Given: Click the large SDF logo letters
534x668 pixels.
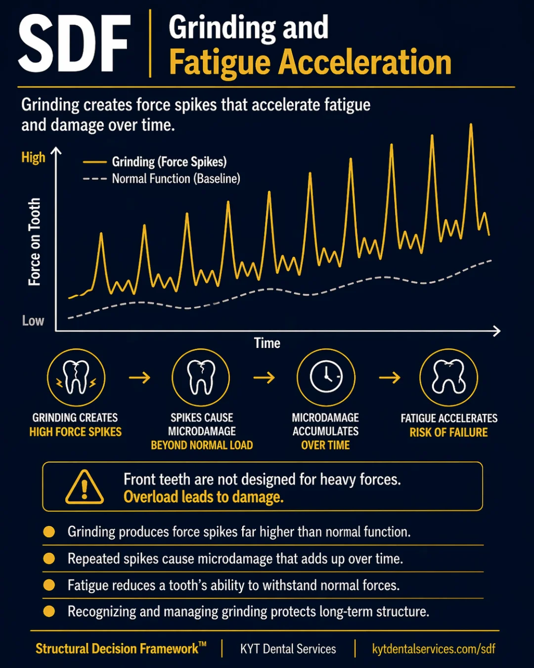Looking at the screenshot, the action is [74, 43].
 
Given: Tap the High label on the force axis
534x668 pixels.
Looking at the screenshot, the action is [33, 158].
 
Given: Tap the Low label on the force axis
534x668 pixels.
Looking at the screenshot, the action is [33, 321].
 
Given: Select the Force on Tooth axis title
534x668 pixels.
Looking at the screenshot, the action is [35, 241].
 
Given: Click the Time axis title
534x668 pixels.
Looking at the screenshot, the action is [267, 343].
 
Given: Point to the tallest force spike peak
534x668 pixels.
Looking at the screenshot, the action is [471, 125].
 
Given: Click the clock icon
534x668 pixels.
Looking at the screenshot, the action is [326, 377].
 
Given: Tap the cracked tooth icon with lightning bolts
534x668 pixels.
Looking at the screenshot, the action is [76, 377].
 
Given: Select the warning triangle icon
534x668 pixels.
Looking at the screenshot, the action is [85, 486].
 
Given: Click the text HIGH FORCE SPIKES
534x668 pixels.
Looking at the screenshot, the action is [75, 432].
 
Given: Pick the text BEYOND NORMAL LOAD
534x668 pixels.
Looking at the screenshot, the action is [202, 445].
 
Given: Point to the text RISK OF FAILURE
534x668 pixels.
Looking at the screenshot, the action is [448, 432].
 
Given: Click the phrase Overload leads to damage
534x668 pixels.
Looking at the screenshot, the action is [204, 497].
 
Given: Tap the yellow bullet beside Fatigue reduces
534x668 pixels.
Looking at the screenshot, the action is [49, 585].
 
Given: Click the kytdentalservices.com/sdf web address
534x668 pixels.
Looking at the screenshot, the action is [434, 649].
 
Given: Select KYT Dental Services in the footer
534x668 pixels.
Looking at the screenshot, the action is [288, 649].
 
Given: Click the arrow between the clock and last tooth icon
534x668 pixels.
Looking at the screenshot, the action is [390, 378].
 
